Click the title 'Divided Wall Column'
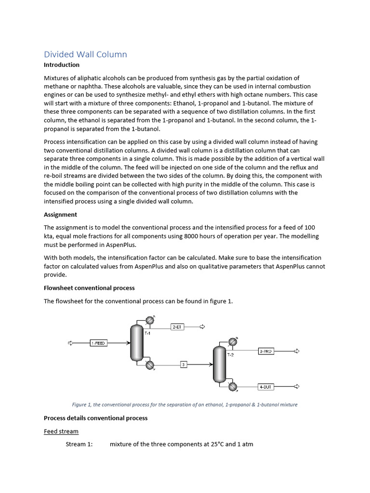click(85, 54)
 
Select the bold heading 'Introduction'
click(62, 65)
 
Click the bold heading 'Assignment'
click(60, 215)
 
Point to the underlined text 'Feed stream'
click(61, 431)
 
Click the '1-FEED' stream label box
click(98, 343)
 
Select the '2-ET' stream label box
click(177, 327)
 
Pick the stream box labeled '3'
click(183, 364)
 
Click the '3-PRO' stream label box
click(265, 351)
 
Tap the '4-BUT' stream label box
click(265, 386)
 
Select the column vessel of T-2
click(218, 364)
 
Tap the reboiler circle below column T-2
click(233, 387)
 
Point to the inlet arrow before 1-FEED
click(70, 343)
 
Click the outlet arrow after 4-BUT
click(297, 386)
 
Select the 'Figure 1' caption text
click(185, 404)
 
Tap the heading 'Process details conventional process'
click(95, 418)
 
